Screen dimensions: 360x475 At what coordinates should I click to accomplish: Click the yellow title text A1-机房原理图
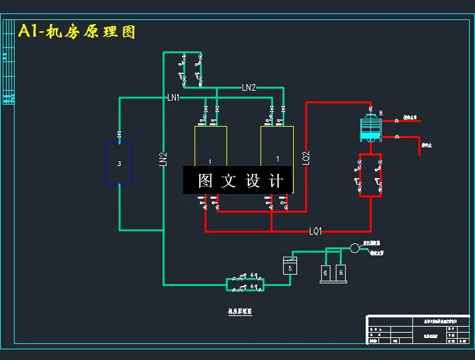[x=77, y=31]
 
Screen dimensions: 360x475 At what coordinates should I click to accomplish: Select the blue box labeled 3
[x=119, y=163]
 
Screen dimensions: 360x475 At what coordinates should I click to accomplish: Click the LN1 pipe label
[x=173, y=98]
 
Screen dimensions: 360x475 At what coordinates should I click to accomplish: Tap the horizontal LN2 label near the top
[x=248, y=87]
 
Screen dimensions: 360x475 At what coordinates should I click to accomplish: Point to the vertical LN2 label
[x=163, y=159]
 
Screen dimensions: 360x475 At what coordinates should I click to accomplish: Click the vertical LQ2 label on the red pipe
[x=306, y=157]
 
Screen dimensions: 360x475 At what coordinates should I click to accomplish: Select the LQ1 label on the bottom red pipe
[x=315, y=231]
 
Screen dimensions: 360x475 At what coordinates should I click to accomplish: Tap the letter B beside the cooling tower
[x=380, y=112]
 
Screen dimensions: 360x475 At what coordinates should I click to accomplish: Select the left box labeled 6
[x=326, y=272]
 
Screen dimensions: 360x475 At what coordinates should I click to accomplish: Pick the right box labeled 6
[x=341, y=272]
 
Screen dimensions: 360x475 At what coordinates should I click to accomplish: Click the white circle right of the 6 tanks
[x=354, y=248]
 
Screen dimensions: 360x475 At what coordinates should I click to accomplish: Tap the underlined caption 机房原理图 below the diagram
[x=240, y=311]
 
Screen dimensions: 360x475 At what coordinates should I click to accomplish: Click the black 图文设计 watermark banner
[x=238, y=180]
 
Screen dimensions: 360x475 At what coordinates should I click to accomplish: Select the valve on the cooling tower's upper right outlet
[x=396, y=121]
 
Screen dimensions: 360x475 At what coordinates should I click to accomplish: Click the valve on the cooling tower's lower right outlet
[x=396, y=137]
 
